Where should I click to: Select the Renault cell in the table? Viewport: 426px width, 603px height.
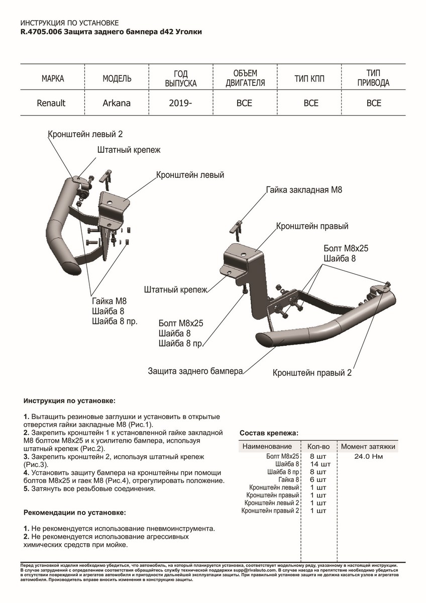51,103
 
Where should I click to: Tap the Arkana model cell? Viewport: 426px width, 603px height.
117,103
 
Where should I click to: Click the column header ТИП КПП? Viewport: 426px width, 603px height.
311,79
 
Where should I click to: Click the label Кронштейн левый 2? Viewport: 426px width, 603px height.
85,134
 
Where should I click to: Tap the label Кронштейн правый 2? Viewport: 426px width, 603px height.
312,373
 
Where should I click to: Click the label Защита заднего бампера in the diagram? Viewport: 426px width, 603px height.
195,371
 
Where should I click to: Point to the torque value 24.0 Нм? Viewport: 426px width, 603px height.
368,457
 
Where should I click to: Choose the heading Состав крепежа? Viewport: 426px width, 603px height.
269,433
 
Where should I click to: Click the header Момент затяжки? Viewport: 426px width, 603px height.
368,446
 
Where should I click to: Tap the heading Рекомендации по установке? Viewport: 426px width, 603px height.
74,513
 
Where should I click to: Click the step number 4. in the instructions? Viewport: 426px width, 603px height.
26,473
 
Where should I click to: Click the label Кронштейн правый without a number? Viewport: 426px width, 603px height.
312,227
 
